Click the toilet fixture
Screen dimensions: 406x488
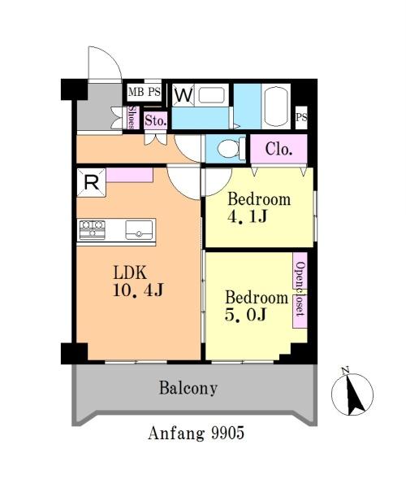coord(231,149)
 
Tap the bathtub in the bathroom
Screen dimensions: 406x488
coord(276,106)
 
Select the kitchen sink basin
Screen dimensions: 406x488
coord(139,229)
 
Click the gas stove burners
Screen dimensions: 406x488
coord(93,229)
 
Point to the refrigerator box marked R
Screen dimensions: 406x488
coord(91,182)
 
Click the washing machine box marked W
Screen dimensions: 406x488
coord(184,95)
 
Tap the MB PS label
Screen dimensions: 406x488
coord(145,92)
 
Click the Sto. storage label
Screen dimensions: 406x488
coord(155,120)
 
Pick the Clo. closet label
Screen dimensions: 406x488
coord(279,150)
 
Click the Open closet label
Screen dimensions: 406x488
coord(300,290)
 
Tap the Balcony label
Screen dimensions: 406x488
coord(188,388)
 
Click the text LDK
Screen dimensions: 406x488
coord(130,273)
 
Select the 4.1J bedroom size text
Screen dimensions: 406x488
coord(248,216)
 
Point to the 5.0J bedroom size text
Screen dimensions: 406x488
coord(245,314)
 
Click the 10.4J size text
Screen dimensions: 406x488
coord(138,290)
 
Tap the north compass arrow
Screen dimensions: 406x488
coord(353,395)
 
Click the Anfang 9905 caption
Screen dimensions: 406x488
coord(196,433)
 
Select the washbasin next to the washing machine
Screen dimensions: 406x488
coord(211,95)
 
